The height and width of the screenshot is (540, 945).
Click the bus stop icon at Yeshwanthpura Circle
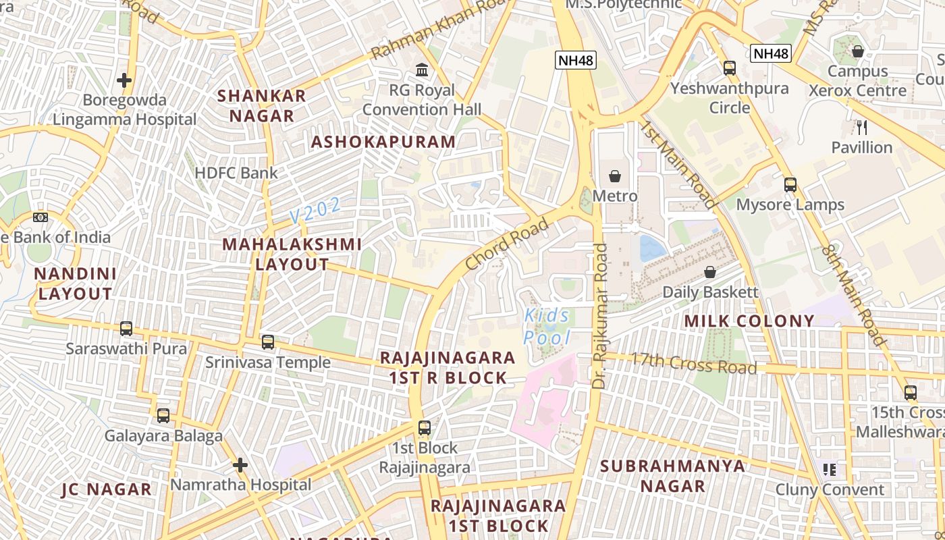tap(730, 67)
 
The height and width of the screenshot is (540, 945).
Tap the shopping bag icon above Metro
tap(615, 176)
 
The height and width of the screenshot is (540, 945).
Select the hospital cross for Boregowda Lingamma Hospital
tap(124, 80)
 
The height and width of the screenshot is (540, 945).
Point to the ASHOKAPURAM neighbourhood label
tap(383, 142)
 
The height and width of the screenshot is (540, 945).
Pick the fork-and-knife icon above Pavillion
tap(861, 127)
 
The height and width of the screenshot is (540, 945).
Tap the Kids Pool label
tap(547, 327)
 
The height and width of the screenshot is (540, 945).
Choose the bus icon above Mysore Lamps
tap(790, 184)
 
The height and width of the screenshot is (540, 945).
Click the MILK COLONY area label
tap(749, 321)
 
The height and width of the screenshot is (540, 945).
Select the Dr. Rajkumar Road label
tap(600, 316)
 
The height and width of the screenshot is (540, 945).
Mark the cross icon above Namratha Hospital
tap(240, 465)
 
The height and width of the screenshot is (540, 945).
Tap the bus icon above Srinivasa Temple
tap(268, 342)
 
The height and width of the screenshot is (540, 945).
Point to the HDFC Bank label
tap(236, 173)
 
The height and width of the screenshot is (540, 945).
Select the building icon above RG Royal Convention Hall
tap(423, 70)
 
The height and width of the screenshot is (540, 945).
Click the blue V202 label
tap(315, 211)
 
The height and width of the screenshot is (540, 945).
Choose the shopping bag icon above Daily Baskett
tap(710, 272)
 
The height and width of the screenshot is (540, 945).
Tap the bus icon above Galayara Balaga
tap(163, 416)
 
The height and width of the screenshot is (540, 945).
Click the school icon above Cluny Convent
tap(830, 470)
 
